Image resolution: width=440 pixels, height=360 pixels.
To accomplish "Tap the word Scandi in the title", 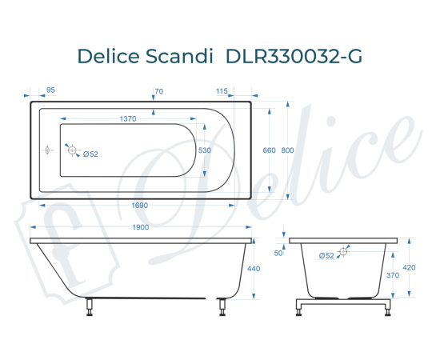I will click(x=182, y=56).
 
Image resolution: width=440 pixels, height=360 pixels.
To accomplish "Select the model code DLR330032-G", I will click(x=294, y=56).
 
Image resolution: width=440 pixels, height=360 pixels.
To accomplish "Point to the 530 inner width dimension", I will click(x=205, y=150).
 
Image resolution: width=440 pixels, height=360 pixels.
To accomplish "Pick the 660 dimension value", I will click(x=269, y=150).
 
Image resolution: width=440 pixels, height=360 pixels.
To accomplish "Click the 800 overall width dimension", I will click(x=287, y=150).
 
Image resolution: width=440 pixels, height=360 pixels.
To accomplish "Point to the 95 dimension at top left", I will click(x=51, y=90).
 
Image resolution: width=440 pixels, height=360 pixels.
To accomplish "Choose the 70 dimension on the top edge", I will click(x=158, y=90).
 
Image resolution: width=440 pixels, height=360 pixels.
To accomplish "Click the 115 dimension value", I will click(x=222, y=90).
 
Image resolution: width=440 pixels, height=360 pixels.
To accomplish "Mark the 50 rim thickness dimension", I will click(x=278, y=253).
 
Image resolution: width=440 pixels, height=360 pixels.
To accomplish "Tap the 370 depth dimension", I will click(x=392, y=275).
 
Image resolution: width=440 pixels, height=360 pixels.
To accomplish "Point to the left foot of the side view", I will click(x=90, y=306).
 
